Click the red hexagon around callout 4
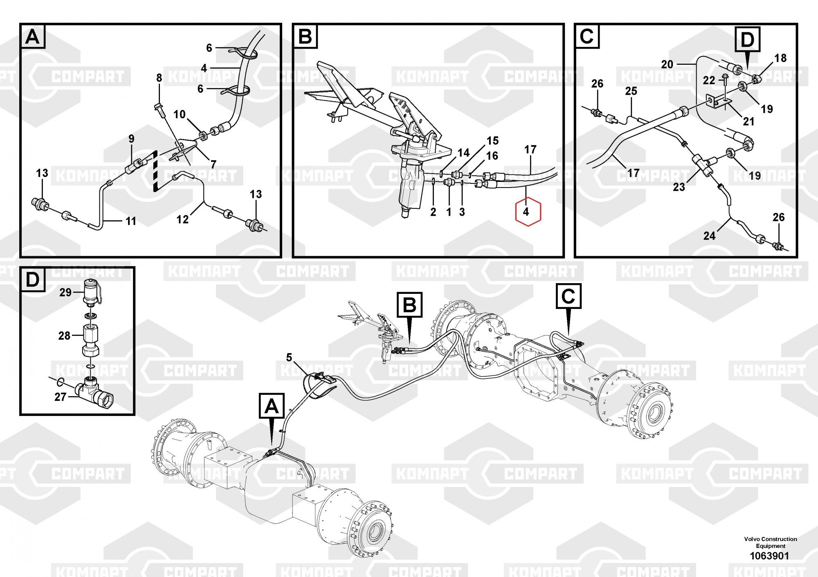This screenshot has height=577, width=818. click(x=528, y=212)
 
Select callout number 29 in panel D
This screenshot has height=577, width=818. click(x=65, y=292)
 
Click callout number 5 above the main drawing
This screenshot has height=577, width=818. click(x=289, y=358)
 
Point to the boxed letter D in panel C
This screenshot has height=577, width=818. click(x=747, y=40)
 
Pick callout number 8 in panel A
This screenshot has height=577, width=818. click(x=159, y=78)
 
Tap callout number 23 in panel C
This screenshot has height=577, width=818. click(x=679, y=188)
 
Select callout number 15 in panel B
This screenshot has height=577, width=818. click(x=492, y=141)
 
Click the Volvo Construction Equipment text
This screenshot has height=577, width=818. click(x=770, y=542)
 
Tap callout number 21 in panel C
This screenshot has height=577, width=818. click(x=748, y=121)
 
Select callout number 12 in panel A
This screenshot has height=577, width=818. click(x=182, y=219)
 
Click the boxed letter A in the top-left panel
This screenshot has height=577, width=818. click(x=33, y=37)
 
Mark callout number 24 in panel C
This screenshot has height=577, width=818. click(x=710, y=236)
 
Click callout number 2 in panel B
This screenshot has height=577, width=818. click(x=434, y=212)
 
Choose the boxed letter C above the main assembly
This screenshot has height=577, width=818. click(x=568, y=296)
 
